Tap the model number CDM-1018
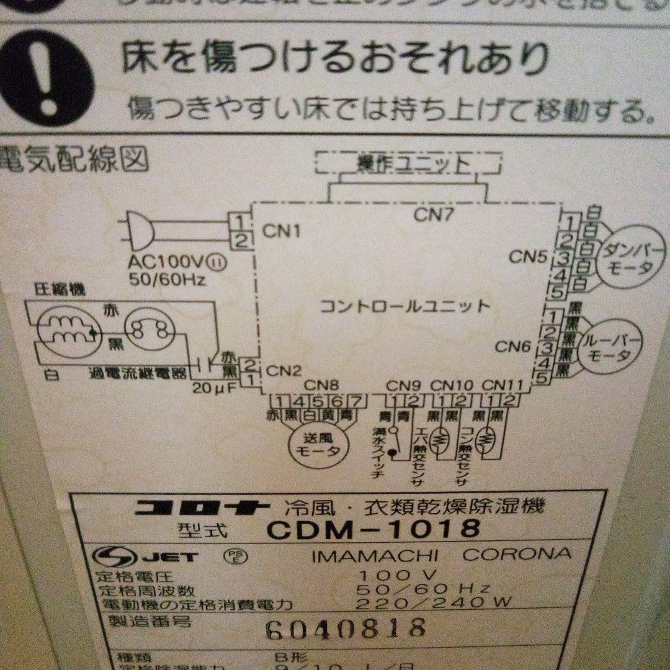(373, 529)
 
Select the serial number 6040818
(345, 628)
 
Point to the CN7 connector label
(434, 215)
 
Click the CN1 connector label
(281, 231)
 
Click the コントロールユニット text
(404, 306)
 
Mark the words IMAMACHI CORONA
(441, 554)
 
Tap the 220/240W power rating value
(432, 602)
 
